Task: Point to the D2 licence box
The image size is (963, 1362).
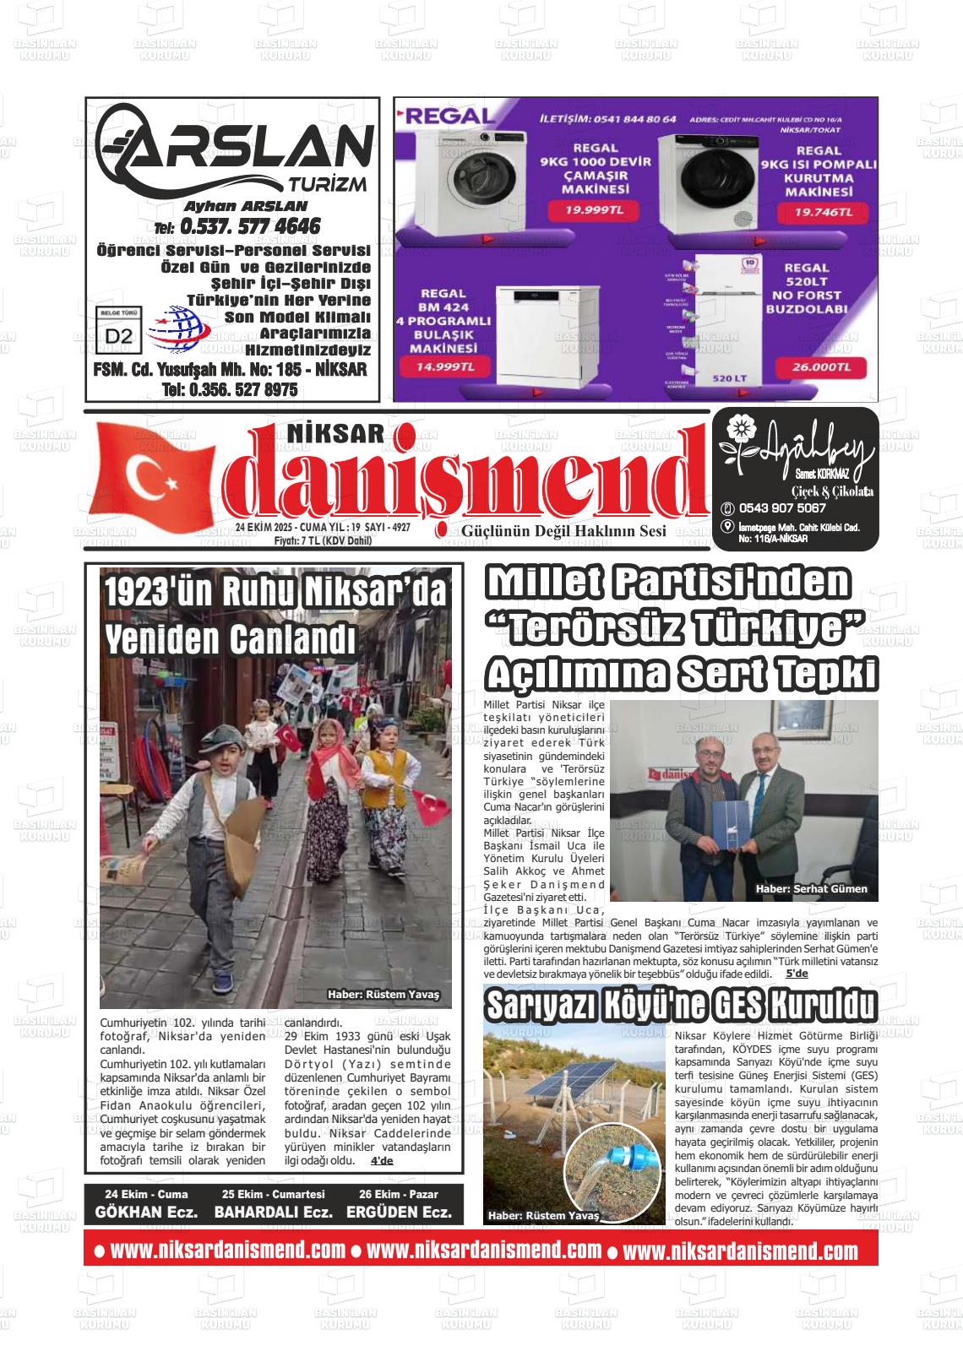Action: tap(119, 334)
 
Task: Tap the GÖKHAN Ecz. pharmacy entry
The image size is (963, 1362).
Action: tap(146, 1212)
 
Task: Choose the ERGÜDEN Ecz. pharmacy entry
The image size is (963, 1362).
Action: tap(399, 1212)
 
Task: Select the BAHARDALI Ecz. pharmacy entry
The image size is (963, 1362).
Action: tap(273, 1212)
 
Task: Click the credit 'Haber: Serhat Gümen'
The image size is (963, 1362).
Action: tap(811, 888)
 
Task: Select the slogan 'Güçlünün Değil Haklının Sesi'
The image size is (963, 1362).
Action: tap(563, 530)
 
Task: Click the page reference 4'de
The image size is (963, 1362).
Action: tap(382, 1160)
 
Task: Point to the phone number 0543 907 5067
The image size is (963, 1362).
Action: tap(781, 508)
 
